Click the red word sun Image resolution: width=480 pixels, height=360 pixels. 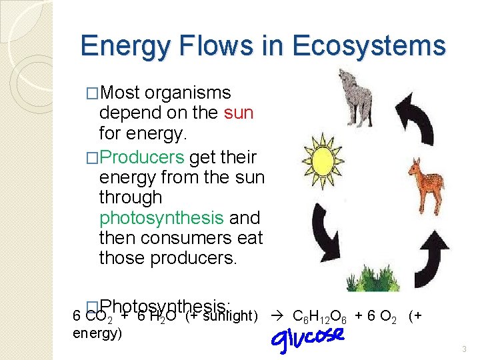tap(239, 112)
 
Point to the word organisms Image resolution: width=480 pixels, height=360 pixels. tap(187, 93)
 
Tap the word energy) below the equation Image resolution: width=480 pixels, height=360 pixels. tap(97, 333)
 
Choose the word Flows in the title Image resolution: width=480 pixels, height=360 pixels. tap(212, 46)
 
